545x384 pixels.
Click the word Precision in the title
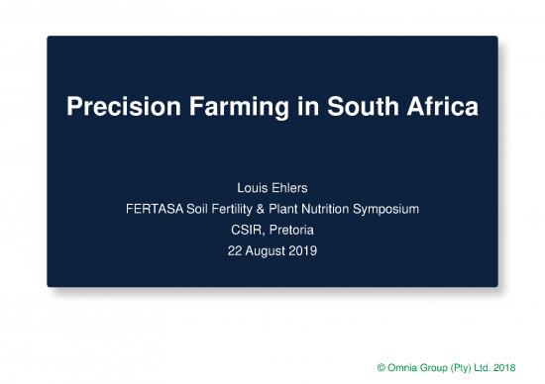click(112, 107)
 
